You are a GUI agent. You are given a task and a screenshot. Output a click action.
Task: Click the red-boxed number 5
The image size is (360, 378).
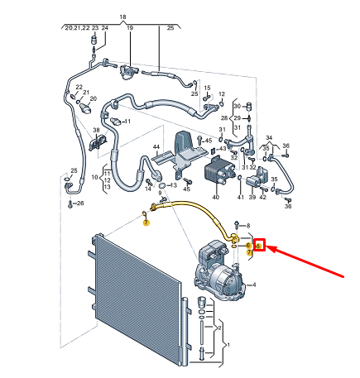259,246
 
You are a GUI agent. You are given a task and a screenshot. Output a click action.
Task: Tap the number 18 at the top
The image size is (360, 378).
122,17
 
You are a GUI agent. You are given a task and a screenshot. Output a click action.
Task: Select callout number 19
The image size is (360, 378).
130,28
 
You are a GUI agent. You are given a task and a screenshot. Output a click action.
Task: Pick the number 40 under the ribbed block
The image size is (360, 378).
216,198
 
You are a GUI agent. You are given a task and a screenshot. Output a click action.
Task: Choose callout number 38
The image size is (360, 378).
96,131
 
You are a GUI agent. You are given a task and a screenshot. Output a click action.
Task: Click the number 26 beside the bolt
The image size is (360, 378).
79,203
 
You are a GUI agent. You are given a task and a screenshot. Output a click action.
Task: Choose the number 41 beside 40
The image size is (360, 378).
241,198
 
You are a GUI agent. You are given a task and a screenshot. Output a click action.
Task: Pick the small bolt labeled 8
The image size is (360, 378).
236,225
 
